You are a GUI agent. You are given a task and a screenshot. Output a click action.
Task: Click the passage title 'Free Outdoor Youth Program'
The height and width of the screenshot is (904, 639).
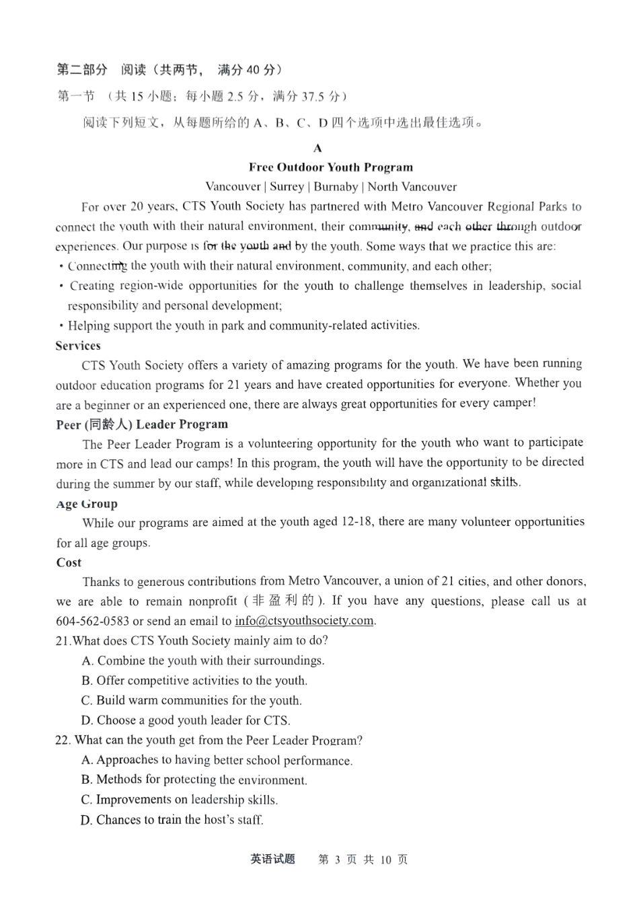[331, 167]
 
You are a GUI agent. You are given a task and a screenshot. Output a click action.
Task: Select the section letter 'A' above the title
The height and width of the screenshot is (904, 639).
[318, 148]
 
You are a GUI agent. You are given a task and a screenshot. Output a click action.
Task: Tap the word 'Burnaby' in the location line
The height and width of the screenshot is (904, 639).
[336, 187]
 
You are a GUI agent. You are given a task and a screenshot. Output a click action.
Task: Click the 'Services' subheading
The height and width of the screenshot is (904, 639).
[78, 346]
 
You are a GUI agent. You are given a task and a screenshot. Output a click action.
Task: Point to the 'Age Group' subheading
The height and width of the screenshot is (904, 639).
[87, 504]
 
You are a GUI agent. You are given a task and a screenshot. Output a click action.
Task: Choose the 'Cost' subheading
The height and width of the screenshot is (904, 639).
[69, 562]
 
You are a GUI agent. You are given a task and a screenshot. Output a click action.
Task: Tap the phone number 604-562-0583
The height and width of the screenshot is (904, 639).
[92, 621]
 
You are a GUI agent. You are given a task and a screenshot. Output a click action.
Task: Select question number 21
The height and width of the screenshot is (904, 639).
[63, 641]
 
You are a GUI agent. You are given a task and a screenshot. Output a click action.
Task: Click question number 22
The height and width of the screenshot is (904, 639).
[63, 741]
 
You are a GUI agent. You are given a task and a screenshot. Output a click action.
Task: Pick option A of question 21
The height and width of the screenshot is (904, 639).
[202, 661]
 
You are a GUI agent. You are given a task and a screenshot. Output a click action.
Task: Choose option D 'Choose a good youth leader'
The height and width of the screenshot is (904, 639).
[186, 720]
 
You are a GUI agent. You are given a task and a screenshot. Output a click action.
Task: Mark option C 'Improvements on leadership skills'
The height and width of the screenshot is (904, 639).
[179, 800]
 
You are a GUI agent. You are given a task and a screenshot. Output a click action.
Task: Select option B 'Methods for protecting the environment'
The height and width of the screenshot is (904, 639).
[194, 780]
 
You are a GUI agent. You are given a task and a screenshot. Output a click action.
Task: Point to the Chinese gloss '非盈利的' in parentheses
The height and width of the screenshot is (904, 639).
[283, 601]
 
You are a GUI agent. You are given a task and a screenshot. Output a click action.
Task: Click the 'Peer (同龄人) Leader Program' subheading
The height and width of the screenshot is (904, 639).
[142, 424]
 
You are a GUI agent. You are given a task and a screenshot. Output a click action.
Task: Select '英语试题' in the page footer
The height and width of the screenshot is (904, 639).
[272, 859]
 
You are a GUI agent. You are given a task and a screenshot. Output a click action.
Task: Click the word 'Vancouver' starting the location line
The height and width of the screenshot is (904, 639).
[233, 187]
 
